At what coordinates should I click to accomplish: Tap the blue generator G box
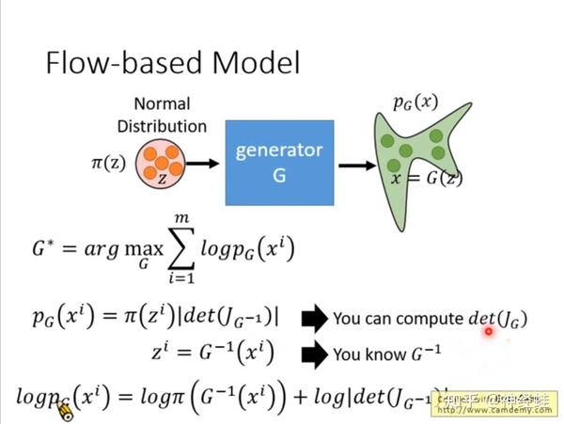(x=278, y=162)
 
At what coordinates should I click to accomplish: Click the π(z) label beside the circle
(x=109, y=164)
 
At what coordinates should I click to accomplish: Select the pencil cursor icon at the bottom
(x=64, y=410)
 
